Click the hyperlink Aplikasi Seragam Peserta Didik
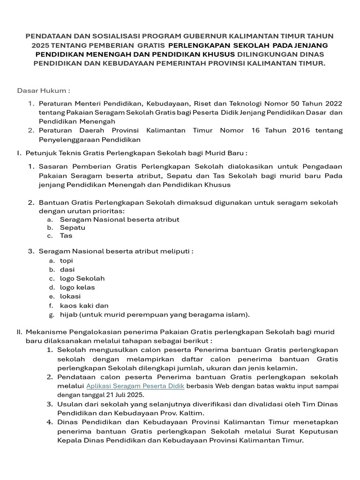[135, 386]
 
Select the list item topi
[67, 261]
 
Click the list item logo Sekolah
[82, 278]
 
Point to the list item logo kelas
[77, 287]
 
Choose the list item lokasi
[70, 296]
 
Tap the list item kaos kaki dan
[84, 306]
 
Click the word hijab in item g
[68, 315]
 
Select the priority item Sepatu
[73, 228]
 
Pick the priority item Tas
[66, 236]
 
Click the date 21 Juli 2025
[125, 395]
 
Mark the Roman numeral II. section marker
[19, 332]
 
